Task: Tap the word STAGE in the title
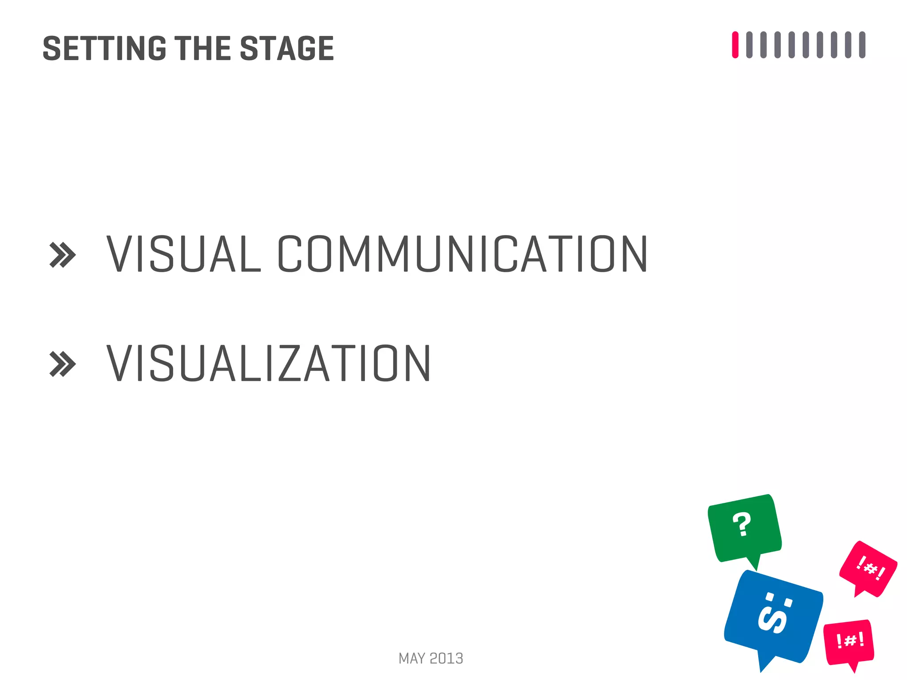pyautogui.click(x=287, y=48)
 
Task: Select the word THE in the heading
pyautogui.click(x=203, y=48)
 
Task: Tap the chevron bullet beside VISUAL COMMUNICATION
pyautogui.click(x=62, y=255)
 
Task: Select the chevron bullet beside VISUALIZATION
pyautogui.click(x=62, y=364)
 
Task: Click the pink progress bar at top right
pyautogui.click(x=735, y=45)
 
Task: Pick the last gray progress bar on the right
pyautogui.click(x=862, y=45)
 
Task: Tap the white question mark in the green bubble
pyautogui.click(x=742, y=525)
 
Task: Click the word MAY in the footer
pyautogui.click(x=412, y=659)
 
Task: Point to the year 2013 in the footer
pyautogui.click(x=446, y=659)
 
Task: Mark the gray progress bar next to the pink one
pyautogui.click(x=749, y=45)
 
